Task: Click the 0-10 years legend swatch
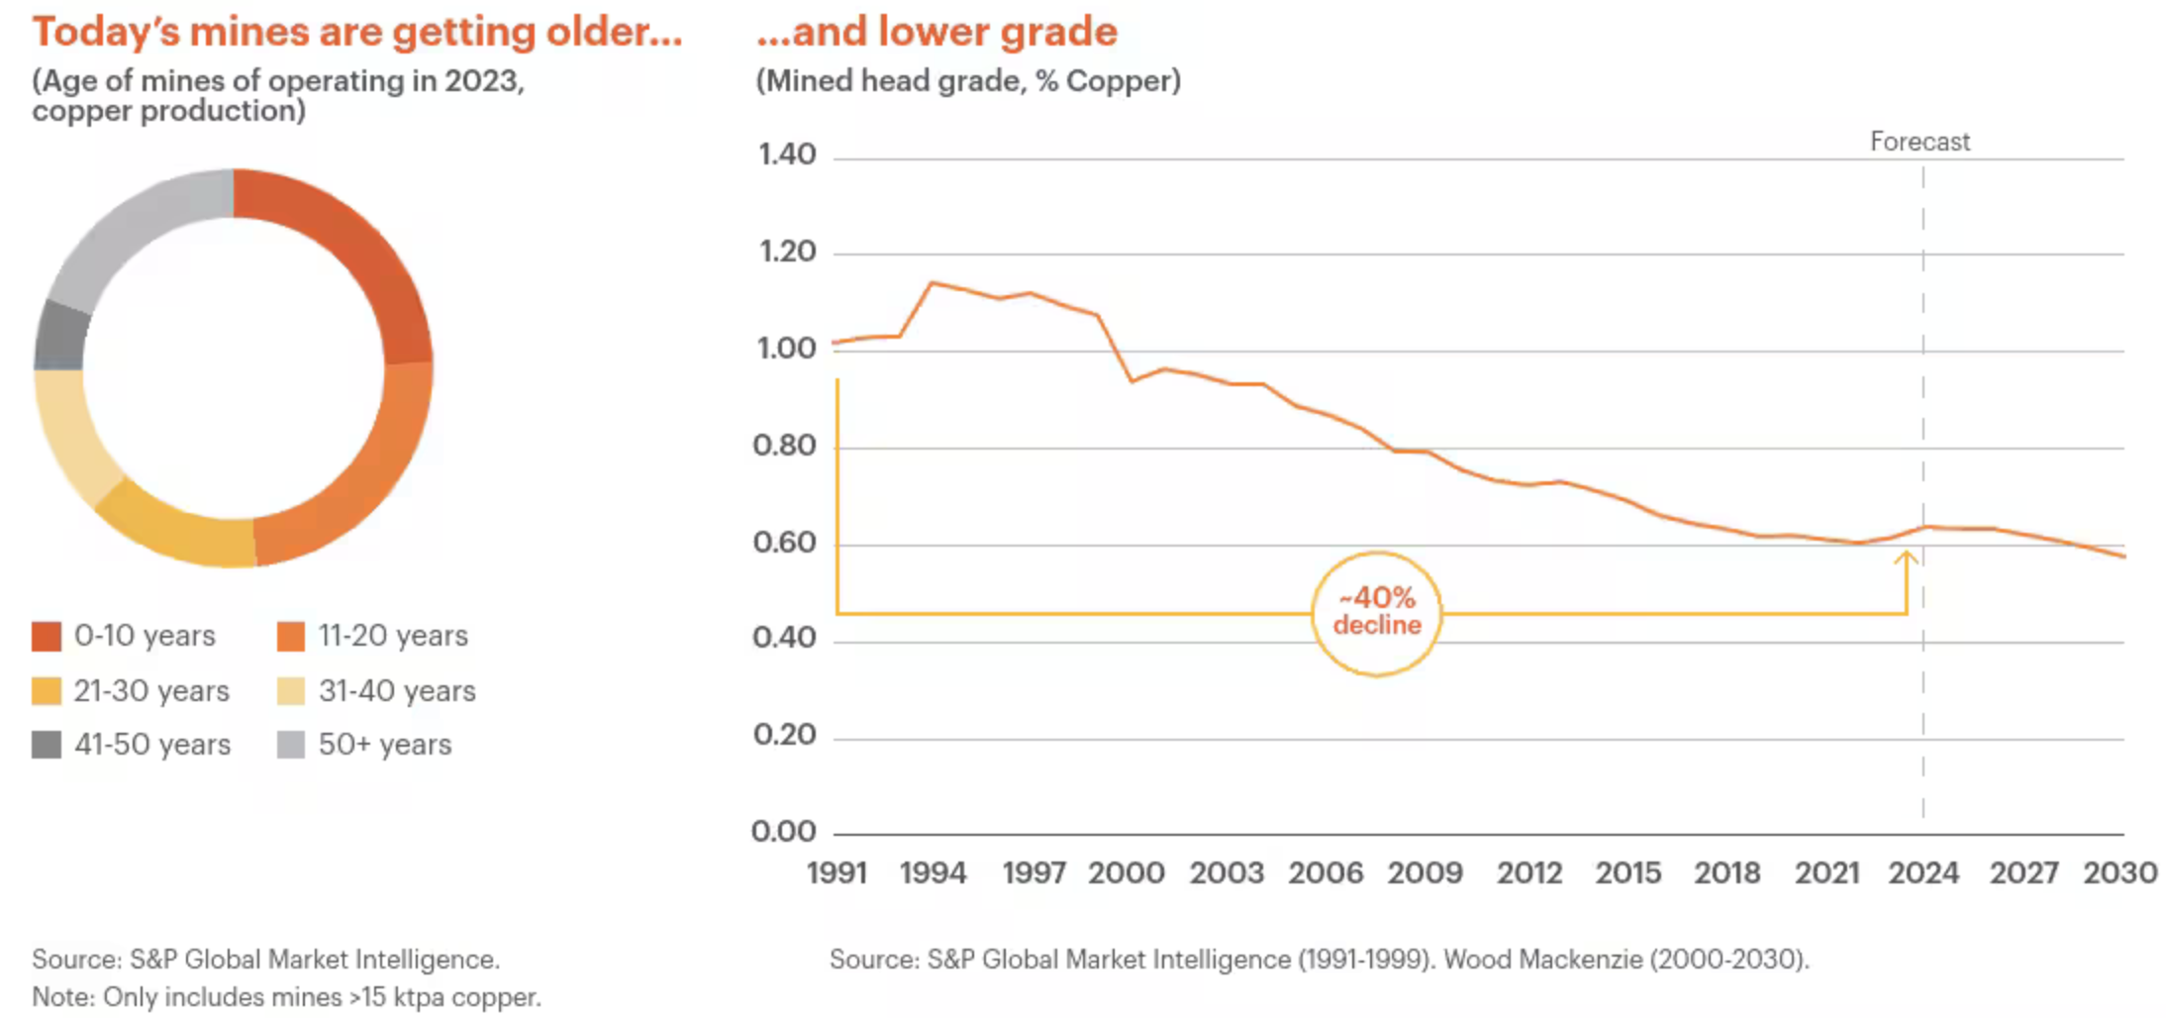(x=47, y=636)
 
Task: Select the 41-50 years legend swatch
(x=47, y=745)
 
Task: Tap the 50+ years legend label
(x=384, y=745)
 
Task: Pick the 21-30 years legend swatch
(x=47, y=690)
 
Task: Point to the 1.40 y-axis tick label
(x=787, y=154)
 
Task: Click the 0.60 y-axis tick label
(x=785, y=543)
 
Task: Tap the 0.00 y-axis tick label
(x=784, y=832)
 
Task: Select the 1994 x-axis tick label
(x=933, y=873)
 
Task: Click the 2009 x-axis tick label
(x=1425, y=873)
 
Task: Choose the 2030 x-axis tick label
(x=2119, y=873)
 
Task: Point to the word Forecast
(x=1920, y=142)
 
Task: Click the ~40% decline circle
(x=1376, y=614)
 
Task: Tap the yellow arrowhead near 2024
(x=1907, y=559)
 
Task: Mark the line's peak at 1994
(x=932, y=283)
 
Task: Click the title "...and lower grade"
(x=936, y=32)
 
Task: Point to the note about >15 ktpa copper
(x=286, y=997)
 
